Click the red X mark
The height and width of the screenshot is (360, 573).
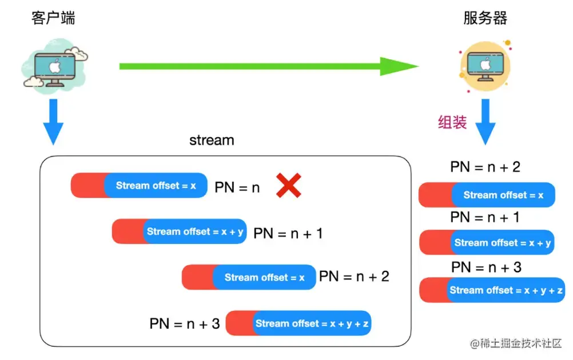[289, 186]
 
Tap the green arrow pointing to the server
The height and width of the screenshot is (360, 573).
[269, 66]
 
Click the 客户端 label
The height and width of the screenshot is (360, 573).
[53, 18]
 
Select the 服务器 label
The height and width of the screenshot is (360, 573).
[485, 18]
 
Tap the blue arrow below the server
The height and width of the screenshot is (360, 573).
[485, 121]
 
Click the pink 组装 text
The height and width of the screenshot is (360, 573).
[452, 122]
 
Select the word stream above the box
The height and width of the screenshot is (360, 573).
[212, 140]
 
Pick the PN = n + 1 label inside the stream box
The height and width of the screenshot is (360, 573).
[288, 233]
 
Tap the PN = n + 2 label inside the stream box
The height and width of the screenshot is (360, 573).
[354, 277]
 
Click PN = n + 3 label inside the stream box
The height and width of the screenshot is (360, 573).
[185, 323]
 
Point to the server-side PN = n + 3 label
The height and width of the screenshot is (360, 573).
[486, 267]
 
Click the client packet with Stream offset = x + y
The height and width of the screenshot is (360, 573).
[180, 231]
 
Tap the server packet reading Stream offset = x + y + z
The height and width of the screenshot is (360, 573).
[492, 290]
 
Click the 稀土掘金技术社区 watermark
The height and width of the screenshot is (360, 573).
[516, 343]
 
